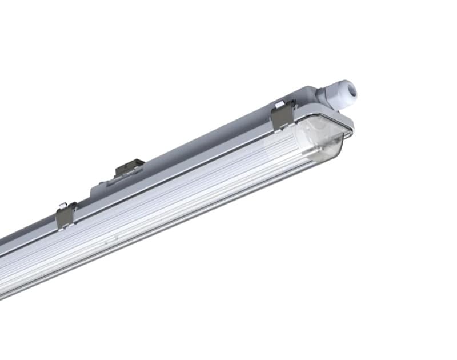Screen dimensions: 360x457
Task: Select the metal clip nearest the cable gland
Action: [x=282, y=116]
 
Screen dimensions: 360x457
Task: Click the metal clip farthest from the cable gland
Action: [x=66, y=215]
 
